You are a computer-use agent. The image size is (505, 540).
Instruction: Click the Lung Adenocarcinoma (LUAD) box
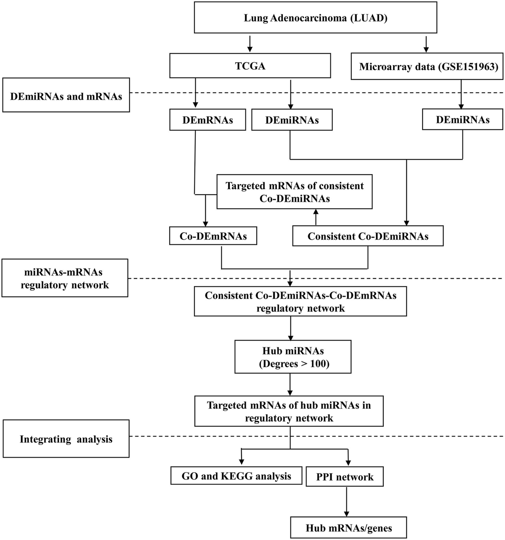point(315,19)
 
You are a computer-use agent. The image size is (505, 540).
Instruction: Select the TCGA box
point(250,66)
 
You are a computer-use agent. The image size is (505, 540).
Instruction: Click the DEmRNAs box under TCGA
point(207,120)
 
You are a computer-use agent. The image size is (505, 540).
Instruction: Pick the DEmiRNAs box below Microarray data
point(462,120)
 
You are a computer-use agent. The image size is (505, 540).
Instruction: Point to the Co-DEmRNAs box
point(213,236)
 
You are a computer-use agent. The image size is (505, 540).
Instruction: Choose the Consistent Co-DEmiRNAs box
point(367,236)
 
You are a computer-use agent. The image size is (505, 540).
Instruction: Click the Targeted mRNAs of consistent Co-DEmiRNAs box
point(294,192)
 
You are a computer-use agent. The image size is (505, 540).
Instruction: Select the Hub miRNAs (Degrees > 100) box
point(292,357)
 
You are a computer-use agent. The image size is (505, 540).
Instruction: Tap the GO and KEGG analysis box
point(236,476)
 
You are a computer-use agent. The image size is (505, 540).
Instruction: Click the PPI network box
point(345,477)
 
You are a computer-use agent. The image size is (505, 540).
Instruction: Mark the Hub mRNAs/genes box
point(348,528)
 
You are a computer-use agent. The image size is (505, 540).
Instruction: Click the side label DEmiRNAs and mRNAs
point(66,96)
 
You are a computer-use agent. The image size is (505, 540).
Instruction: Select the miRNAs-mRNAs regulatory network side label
point(65,278)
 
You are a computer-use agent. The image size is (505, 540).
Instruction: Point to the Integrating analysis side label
point(66,439)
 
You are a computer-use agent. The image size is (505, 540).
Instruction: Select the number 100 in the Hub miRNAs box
point(318,363)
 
